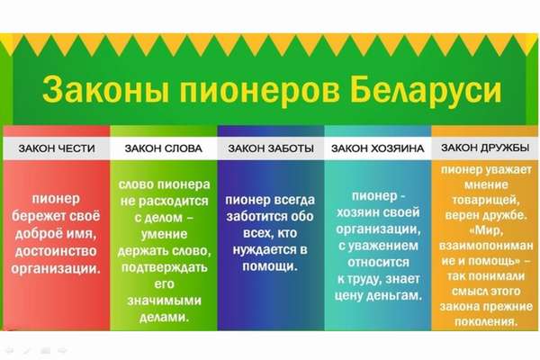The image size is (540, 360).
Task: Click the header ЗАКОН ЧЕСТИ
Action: [x=57, y=148]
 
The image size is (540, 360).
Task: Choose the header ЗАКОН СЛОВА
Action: [x=163, y=148]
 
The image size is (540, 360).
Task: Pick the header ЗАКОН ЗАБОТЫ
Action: [x=271, y=148]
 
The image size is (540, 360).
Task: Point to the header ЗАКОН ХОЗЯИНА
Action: [x=377, y=148]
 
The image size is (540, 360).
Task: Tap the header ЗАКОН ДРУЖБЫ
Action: [x=485, y=148]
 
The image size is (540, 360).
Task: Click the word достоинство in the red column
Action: [x=56, y=251]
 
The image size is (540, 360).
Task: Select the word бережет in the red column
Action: [x=39, y=216]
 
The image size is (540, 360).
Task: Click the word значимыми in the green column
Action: [x=164, y=301]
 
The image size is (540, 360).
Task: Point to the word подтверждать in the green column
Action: [x=165, y=267]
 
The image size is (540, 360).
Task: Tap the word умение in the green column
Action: [x=165, y=234]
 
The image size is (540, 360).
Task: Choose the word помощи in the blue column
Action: [x=269, y=266]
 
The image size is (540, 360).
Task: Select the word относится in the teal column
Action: [x=378, y=262]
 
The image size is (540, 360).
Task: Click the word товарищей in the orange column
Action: [x=486, y=200]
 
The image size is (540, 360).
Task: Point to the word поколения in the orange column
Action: [x=486, y=322]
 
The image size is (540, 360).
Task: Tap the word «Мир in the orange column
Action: [x=486, y=230]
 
